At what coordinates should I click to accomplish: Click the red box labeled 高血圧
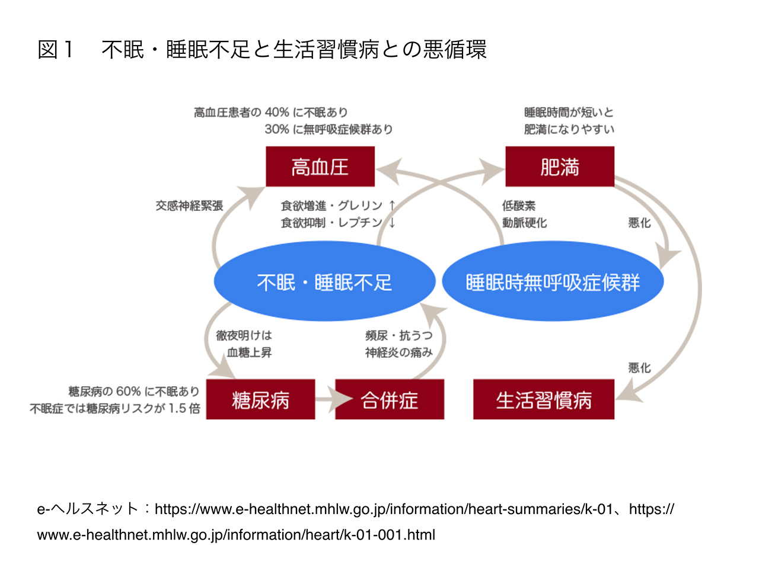coord(320,166)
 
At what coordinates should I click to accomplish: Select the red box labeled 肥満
coord(560,166)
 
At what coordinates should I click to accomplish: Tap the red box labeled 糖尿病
coord(260,399)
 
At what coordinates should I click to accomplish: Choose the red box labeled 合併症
coord(390,399)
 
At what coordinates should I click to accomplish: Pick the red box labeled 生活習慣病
coord(544,399)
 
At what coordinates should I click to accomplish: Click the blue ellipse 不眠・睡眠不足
coord(324,281)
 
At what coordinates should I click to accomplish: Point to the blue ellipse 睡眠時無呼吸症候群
coord(553,281)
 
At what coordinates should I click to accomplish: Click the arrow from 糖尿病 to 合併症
coord(334,399)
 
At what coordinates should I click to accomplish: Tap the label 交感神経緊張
coord(189,206)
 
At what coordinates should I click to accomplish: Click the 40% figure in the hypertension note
coord(277,112)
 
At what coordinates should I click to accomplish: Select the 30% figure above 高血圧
coord(277,129)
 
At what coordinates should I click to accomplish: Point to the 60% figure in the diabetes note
coord(128,391)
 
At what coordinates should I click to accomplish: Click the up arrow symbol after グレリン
coord(392,206)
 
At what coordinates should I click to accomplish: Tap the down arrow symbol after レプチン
coord(392,223)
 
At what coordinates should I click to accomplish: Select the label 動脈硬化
coord(524,223)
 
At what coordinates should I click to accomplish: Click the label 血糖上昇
coord(249,352)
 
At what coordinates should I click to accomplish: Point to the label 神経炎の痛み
coord(398,352)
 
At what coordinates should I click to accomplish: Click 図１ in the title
coord(55,49)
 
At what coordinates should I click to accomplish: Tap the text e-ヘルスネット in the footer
coord(88,509)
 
